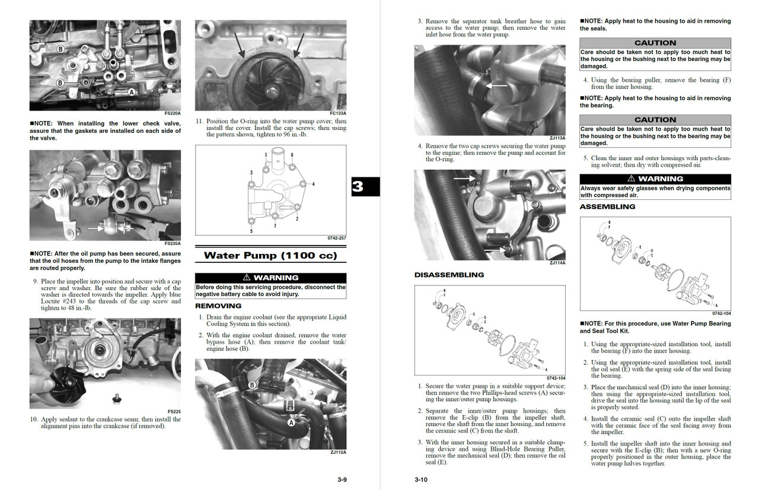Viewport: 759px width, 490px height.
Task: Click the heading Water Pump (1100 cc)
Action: click(x=270, y=256)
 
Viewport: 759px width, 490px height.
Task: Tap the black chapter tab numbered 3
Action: click(x=358, y=187)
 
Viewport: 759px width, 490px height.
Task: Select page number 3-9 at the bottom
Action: click(x=342, y=479)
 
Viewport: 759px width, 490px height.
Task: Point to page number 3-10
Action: click(x=421, y=479)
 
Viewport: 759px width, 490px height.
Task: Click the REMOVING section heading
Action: click(x=218, y=306)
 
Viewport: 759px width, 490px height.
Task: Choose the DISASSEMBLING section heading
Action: click(x=449, y=275)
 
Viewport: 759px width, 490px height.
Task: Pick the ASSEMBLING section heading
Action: click(x=607, y=207)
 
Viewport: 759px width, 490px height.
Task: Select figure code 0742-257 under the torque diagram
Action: click(x=336, y=238)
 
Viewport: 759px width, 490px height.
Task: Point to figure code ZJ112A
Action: click(x=338, y=453)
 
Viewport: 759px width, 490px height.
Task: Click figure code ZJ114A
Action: click(x=557, y=263)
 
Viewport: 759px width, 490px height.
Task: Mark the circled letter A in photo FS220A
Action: click(x=132, y=92)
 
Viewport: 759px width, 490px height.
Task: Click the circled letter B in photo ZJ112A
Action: click(x=252, y=385)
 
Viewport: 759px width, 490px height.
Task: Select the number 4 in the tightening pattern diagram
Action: click(x=313, y=184)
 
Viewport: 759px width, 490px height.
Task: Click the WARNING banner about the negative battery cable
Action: click(x=270, y=278)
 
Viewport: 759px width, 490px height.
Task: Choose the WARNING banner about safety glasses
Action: click(x=655, y=179)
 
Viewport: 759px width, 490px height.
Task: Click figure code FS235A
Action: click(x=173, y=244)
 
